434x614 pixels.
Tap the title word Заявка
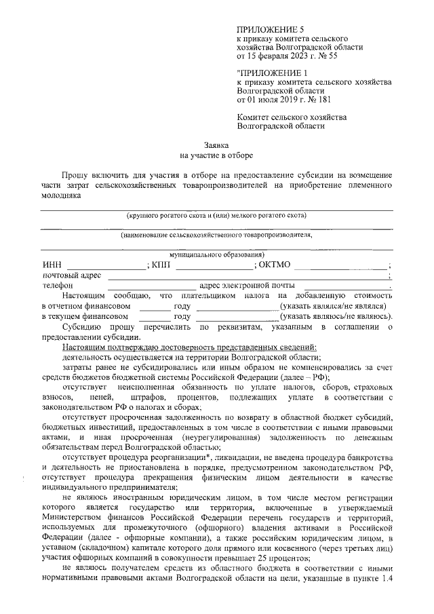pos(217,145)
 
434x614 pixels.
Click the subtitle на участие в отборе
pos(217,155)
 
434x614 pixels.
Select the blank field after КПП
pos(214,266)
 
